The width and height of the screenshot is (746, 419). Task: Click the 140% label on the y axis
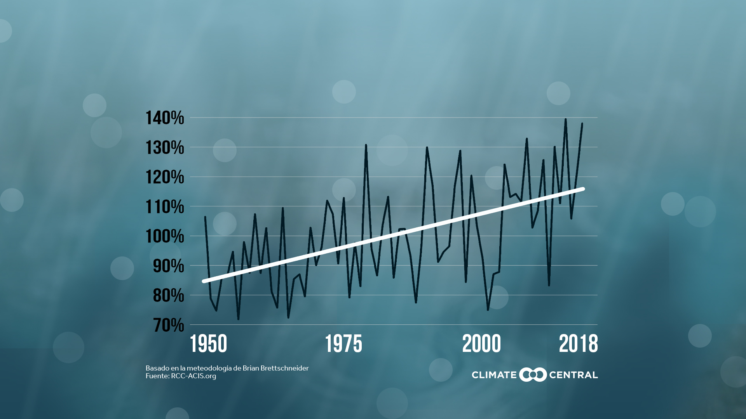point(165,118)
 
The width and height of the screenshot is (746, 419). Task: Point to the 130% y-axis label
point(165,148)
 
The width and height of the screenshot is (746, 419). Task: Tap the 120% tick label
point(165,177)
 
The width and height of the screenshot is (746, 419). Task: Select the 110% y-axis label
point(165,207)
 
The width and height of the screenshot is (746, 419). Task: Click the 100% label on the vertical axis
point(165,236)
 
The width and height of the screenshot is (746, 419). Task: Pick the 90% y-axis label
point(168,266)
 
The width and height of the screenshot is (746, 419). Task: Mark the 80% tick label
point(168,296)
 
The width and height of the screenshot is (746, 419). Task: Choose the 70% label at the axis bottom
point(168,325)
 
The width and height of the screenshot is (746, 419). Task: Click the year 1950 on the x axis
point(208,344)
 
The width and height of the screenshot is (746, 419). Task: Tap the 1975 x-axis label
point(343,344)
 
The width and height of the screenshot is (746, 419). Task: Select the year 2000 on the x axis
point(481,344)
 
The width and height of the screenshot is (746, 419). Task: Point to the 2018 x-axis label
point(578,344)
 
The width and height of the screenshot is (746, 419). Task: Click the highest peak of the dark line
point(565,119)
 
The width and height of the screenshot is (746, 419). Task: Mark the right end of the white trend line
point(583,189)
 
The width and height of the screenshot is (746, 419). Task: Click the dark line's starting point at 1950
point(205,217)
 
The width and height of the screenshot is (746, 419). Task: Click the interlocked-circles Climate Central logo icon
point(533,375)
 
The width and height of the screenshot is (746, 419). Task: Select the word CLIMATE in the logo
point(494,375)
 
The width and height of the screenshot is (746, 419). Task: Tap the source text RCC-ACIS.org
point(193,376)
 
